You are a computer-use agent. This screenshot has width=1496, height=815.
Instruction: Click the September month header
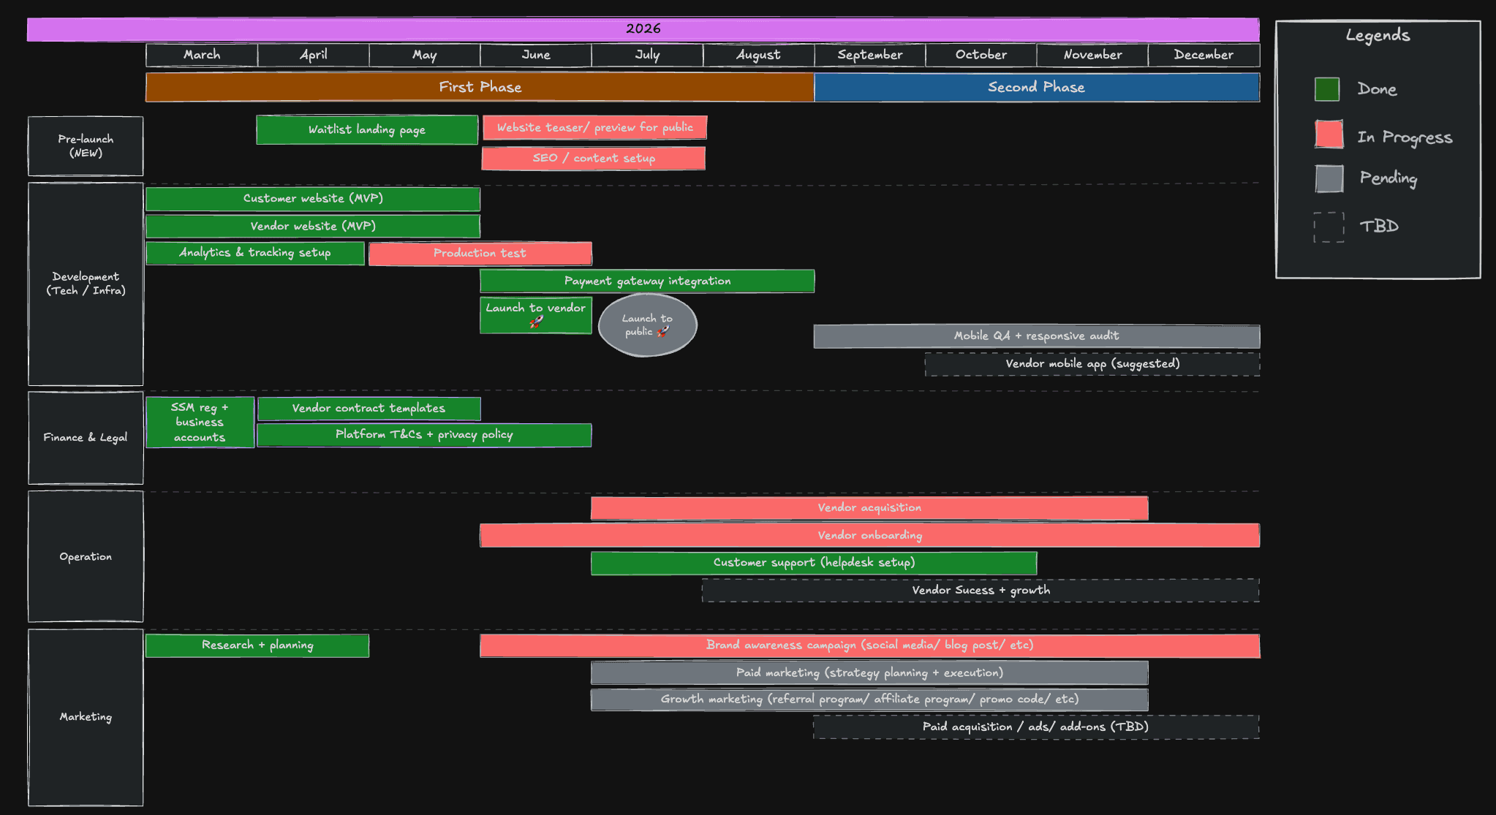(869, 55)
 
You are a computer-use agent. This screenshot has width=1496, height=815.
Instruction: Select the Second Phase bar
(1037, 87)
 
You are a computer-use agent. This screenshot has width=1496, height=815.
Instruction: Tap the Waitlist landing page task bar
(367, 129)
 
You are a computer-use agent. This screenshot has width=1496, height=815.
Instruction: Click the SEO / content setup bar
(594, 158)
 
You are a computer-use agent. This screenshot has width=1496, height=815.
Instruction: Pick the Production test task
(480, 253)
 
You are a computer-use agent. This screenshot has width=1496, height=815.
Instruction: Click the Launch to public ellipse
(648, 325)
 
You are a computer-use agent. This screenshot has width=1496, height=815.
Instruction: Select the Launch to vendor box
(536, 315)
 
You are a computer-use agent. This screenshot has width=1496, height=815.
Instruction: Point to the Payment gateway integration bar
(647, 281)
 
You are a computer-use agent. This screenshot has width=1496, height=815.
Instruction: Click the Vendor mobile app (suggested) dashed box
(1092, 364)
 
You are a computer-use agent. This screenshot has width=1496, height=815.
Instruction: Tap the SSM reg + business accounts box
(200, 422)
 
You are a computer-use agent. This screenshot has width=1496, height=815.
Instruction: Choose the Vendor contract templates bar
(369, 409)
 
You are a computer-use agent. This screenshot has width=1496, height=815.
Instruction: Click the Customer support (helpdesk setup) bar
(814, 563)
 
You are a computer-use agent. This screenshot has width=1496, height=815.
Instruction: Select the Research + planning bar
(257, 645)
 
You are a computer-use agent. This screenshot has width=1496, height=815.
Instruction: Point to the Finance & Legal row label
(86, 438)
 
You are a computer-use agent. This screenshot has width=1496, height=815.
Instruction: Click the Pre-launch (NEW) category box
(86, 146)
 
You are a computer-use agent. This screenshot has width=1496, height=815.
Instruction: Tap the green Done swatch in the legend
(1327, 89)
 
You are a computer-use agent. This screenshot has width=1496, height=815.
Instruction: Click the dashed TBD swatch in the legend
(1329, 227)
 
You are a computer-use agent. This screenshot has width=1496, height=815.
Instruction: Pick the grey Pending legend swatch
(1329, 178)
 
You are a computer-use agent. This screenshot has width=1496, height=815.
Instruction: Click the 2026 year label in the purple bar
(643, 29)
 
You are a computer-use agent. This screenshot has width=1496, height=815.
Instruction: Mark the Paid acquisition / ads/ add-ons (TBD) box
(1036, 727)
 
